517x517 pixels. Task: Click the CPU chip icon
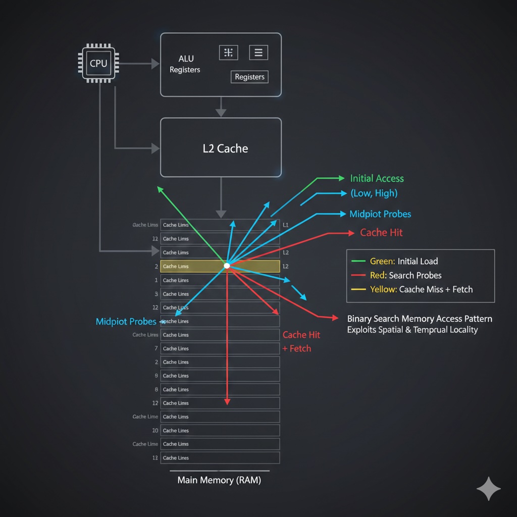tap(98, 64)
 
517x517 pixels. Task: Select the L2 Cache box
tap(221, 148)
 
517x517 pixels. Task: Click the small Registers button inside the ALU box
tap(249, 77)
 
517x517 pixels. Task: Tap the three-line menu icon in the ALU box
tap(258, 52)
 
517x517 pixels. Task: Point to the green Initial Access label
tap(377, 178)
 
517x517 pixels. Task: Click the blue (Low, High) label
tap(374, 193)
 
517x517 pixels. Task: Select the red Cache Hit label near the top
tap(381, 233)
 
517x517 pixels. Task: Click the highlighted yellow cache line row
tap(220, 266)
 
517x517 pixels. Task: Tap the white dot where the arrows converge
tap(227, 265)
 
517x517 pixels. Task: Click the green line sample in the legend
tap(357, 261)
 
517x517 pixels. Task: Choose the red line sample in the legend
tap(357, 275)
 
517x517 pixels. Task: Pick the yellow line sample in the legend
tap(357, 289)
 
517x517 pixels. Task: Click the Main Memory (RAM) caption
tap(219, 480)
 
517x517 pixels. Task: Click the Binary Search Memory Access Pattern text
tap(420, 319)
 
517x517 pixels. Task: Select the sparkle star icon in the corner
tap(488, 488)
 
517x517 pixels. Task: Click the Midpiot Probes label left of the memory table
tap(126, 322)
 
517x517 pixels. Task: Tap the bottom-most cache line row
tap(220, 458)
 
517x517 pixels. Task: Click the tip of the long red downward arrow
tap(227, 403)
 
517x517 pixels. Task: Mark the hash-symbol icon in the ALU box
tap(228, 52)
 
